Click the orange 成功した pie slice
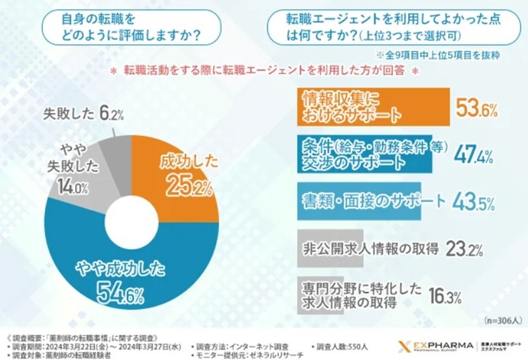176,175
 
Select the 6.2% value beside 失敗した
112,112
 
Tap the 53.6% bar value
478,109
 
